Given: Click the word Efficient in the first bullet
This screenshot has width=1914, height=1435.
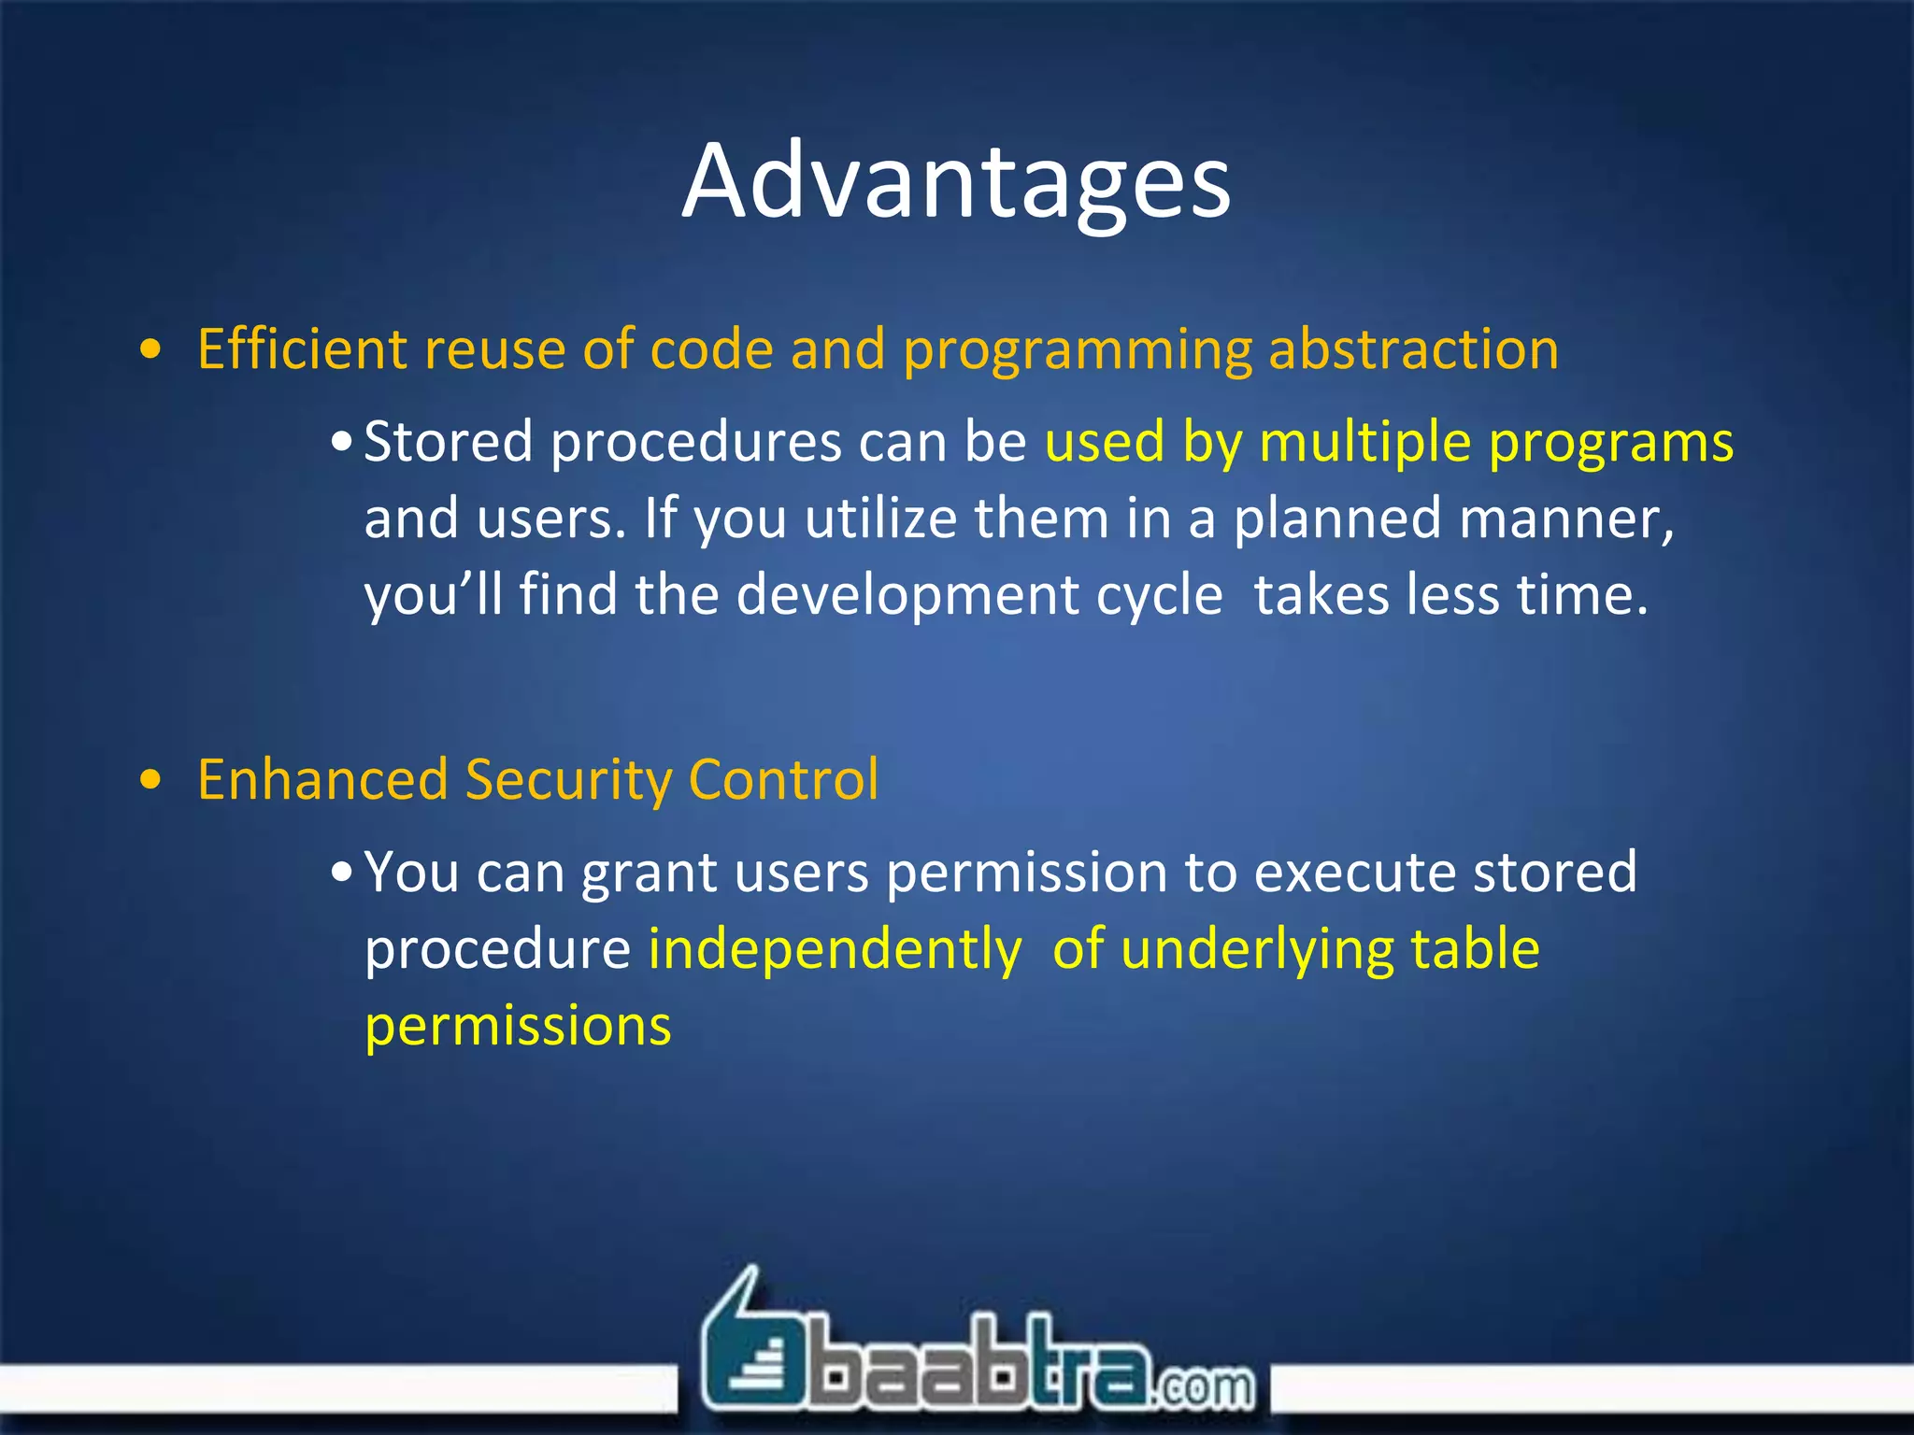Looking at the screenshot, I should pyautogui.click(x=302, y=349).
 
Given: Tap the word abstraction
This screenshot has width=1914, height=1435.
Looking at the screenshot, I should pyautogui.click(x=1412, y=349).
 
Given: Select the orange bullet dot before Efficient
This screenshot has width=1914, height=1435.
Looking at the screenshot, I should pyautogui.click(x=150, y=350).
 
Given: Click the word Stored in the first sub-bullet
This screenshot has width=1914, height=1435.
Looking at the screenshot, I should pyautogui.click(x=448, y=441).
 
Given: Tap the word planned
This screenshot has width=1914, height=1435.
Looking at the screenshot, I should pyautogui.click(x=1336, y=519).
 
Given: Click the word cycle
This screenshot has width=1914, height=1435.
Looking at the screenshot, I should pyautogui.click(x=1159, y=595).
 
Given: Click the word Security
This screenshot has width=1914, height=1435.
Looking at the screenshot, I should pyautogui.click(x=567, y=780).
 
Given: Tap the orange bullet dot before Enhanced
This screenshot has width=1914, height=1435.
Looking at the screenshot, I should pyautogui.click(x=150, y=780).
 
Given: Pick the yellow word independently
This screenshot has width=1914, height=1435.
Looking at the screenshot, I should pyautogui.click(x=835, y=950).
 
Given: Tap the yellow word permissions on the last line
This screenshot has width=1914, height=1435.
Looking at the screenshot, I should pyautogui.click(x=518, y=1027).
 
